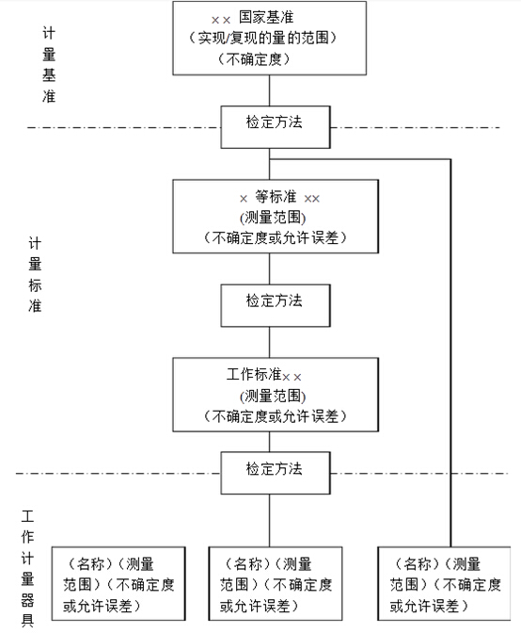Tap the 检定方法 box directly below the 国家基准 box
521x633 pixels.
(x=275, y=123)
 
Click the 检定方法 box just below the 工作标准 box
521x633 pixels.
(x=275, y=468)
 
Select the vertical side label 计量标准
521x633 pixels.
(x=35, y=274)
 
